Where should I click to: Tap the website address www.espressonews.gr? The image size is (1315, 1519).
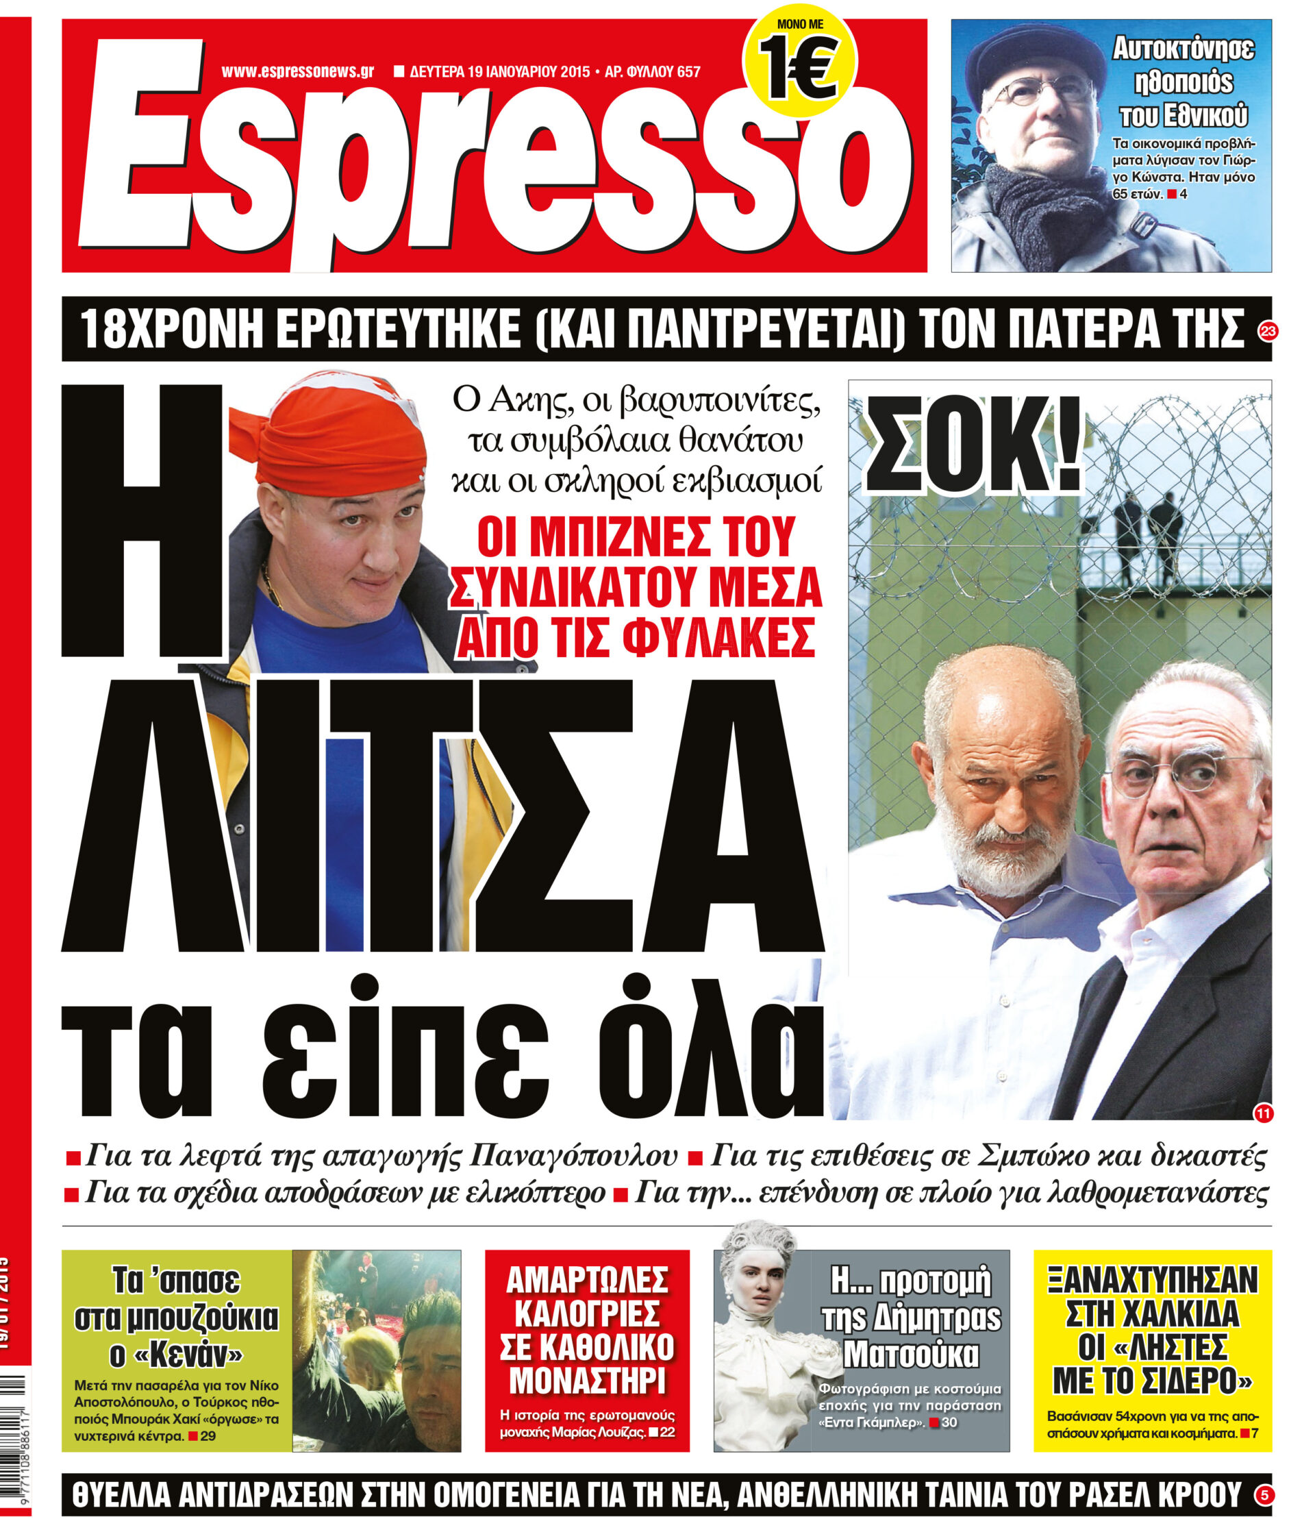(297, 72)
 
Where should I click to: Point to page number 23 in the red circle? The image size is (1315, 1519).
(1267, 331)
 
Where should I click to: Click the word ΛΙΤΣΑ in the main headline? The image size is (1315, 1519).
(440, 815)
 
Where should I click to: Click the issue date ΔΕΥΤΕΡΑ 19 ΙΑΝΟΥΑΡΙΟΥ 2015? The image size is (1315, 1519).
(499, 72)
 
